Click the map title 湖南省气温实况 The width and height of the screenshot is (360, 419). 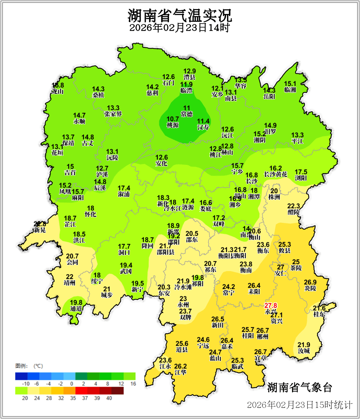point(180,15)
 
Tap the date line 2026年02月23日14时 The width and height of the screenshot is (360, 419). point(180,28)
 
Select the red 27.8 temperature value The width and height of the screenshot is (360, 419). point(271,305)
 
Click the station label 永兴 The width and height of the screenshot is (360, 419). point(270,312)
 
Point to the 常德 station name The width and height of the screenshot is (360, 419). point(187,114)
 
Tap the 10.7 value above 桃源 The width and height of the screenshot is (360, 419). point(173,119)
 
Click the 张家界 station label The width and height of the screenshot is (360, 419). point(113,114)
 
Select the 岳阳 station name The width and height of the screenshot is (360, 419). point(269,97)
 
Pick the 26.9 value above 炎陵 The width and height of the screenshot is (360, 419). point(310,282)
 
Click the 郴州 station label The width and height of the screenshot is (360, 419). point(263,337)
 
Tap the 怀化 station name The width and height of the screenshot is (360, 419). point(90,214)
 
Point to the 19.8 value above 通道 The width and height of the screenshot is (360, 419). point(76,302)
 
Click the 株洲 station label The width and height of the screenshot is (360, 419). point(274,197)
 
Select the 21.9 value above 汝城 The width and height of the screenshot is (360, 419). point(304,345)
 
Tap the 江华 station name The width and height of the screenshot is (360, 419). point(180,372)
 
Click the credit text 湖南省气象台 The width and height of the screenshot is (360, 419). point(299,388)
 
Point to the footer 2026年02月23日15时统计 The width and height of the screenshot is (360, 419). point(299,405)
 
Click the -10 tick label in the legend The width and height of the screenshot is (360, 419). point(26,384)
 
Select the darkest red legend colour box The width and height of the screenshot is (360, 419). point(117,390)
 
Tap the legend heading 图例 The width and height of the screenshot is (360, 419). point(21,366)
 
